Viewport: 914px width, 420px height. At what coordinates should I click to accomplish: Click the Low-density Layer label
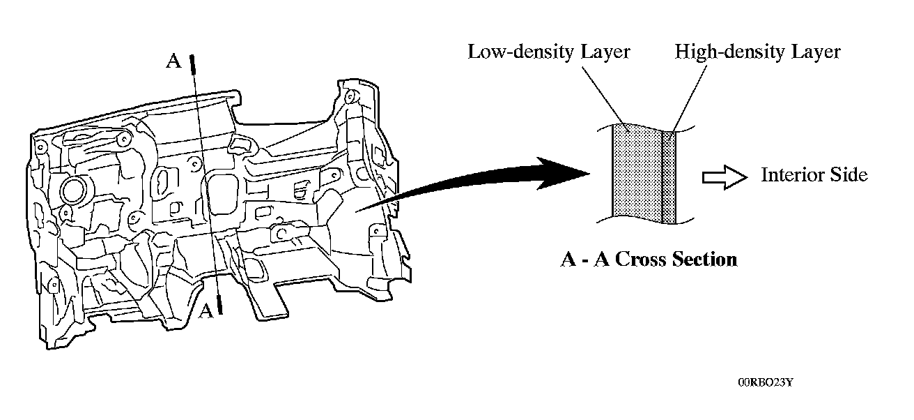(x=549, y=52)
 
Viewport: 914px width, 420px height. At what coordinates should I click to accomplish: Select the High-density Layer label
(x=758, y=52)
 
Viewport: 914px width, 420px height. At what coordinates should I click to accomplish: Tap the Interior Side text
(x=814, y=174)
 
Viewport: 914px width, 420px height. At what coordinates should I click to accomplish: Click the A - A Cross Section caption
(x=649, y=260)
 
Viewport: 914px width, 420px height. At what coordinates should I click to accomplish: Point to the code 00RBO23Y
(x=765, y=383)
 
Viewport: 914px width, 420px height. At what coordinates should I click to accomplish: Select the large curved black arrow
(x=488, y=181)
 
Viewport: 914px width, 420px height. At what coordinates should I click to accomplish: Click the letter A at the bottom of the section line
(x=206, y=311)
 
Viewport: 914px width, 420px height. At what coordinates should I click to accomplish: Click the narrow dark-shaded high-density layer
(x=669, y=178)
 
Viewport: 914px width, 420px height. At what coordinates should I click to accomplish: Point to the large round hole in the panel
(x=73, y=189)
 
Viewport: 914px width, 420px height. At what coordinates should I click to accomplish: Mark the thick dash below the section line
(x=219, y=303)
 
